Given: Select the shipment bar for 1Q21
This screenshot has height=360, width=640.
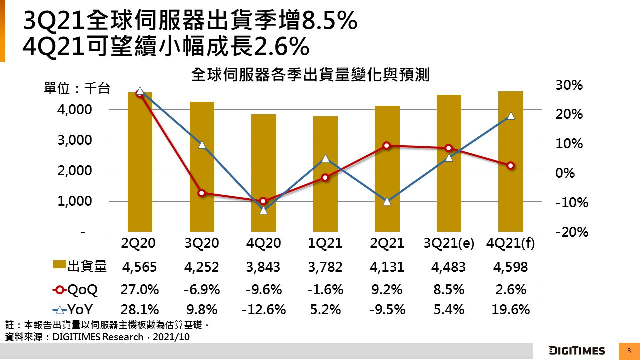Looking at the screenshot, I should (325, 174).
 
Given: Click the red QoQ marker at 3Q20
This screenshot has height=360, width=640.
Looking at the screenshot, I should (202, 193).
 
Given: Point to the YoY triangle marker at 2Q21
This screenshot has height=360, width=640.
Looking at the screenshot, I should (387, 201).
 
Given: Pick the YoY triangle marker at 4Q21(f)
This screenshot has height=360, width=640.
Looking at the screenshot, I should (510, 115).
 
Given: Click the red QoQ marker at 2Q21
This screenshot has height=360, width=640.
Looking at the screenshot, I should (387, 146).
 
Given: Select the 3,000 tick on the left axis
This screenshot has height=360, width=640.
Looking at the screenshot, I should (75, 140).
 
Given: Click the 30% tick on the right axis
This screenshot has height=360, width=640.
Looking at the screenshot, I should (569, 85).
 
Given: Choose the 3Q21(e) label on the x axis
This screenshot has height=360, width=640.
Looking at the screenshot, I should (448, 243).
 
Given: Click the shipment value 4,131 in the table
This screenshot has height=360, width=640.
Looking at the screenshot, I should (387, 267).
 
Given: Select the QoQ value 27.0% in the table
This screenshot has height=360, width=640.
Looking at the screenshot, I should (140, 289).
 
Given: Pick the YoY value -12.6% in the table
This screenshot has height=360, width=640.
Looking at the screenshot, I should (263, 310).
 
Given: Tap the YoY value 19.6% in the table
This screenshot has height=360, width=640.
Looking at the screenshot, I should (510, 310).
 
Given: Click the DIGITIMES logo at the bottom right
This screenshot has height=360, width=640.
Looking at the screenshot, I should (576, 350).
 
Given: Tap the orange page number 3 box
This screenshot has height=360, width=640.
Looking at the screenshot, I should (629, 350).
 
